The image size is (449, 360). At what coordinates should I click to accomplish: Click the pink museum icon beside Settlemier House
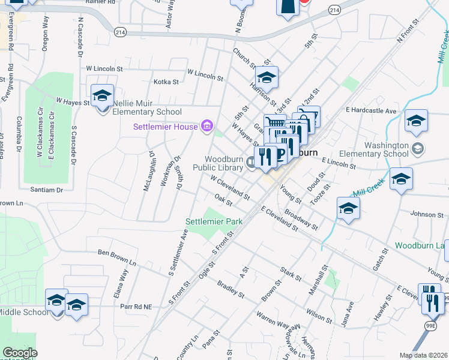tap(207, 126)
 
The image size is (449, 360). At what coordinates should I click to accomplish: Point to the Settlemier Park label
tap(214, 221)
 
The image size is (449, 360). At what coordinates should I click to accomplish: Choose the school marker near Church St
tap(267, 78)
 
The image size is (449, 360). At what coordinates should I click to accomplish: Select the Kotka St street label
tap(167, 82)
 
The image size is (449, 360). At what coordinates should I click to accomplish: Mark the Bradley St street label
tap(231, 289)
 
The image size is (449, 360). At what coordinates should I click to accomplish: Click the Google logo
tap(20, 353)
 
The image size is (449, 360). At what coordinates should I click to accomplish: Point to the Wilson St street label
tap(318, 314)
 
